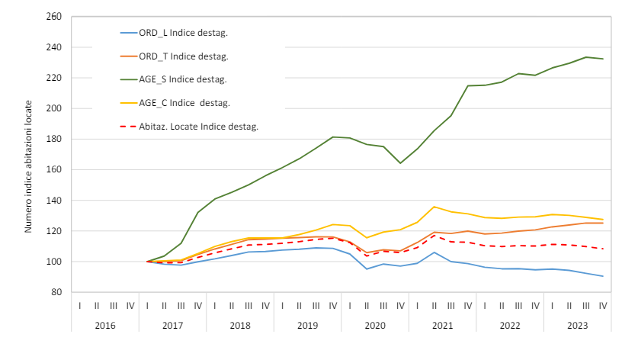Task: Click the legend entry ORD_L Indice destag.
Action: tap(184, 32)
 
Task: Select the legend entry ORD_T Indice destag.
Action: tap(184, 56)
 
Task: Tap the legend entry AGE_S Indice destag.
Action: tap(184, 79)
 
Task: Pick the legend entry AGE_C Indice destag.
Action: tap(184, 103)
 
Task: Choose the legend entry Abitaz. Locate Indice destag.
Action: tap(198, 126)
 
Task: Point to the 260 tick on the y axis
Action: tap(53, 17)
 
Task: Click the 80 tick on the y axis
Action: tap(56, 292)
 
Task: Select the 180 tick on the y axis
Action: tap(53, 139)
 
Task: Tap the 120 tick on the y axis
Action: tap(53, 231)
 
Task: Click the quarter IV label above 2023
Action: tap(603, 305)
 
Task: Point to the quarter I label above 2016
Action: tap(80, 305)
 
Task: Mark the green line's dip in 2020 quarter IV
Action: tap(400, 163)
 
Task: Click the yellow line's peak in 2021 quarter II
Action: tap(434, 207)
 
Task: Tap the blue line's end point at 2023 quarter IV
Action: tap(603, 276)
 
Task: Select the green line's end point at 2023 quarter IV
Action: tap(603, 59)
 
